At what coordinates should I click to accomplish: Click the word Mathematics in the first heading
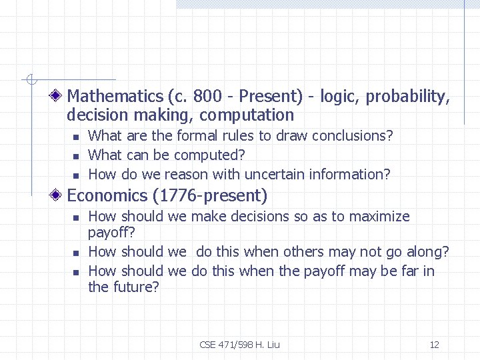(115, 97)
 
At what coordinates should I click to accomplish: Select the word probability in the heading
(406, 97)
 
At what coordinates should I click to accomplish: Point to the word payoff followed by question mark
(111, 233)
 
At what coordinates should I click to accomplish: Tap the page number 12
(434, 345)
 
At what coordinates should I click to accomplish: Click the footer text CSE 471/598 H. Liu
(239, 345)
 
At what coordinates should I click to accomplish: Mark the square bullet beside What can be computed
(76, 156)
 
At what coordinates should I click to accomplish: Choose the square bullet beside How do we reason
(76, 175)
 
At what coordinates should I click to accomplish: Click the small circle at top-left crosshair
(30, 81)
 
